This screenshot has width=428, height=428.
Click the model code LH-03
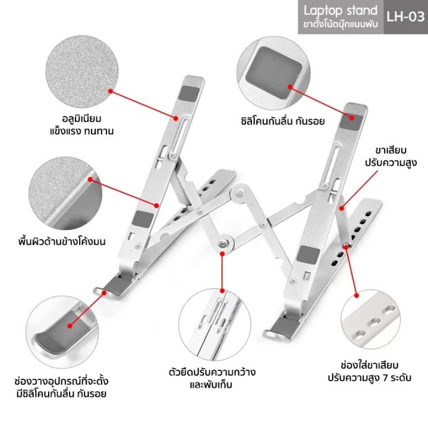click(x=405, y=17)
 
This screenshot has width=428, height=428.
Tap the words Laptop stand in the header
click(x=341, y=11)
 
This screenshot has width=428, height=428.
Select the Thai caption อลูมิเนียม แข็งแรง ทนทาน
click(x=81, y=125)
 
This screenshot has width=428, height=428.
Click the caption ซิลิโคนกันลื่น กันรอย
click(x=283, y=121)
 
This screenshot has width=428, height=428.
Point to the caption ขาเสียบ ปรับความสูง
click(x=391, y=156)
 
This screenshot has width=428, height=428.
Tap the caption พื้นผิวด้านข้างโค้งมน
click(x=62, y=241)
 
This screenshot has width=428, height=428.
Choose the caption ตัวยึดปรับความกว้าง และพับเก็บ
click(x=212, y=378)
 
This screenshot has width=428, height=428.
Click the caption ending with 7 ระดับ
click(x=369, y=372)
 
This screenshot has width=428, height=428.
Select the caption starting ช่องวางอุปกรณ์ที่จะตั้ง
click(x=61, y=388)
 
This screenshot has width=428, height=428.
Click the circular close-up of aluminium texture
click(x=82, y=71)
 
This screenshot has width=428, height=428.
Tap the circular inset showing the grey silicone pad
click(x=273, y=73)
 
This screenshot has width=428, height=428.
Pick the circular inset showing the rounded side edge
click(x=65, y=193)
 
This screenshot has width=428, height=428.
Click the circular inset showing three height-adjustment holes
click(x=371, y=320)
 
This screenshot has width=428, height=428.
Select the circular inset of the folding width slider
click(x=215, y=325)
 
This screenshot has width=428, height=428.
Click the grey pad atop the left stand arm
click(x=190, y=93)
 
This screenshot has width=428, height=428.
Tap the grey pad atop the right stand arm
click(x=352, y=121)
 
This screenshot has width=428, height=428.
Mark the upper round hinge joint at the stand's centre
click(x=239, y=193)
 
